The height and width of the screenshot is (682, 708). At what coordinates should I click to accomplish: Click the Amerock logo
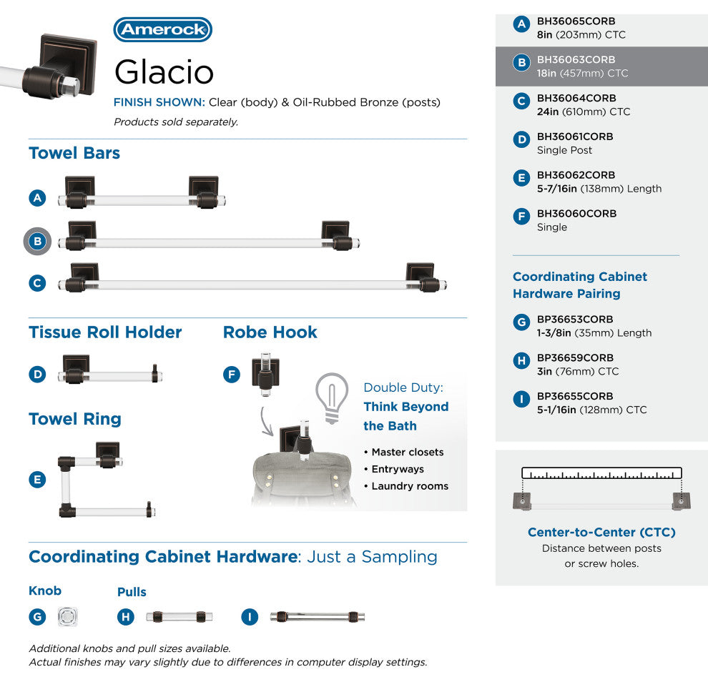click(x=162, y=29)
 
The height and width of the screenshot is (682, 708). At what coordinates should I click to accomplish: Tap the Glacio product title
click(x=164, y=71)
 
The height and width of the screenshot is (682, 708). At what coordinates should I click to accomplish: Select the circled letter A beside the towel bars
click(x=37, y=198)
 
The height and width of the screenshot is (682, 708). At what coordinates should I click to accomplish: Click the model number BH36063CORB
click(x=576, y=60)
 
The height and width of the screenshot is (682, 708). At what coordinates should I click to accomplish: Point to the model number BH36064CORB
click(x=576, y=99)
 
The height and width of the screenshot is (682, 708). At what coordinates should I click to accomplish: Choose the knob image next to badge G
click(x=67, y=616)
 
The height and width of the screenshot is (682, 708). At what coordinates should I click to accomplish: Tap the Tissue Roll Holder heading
click(x=105, y=332)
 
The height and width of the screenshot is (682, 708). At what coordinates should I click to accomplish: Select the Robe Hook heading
click(x=270, y=332)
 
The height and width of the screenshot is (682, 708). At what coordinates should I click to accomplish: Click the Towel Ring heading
click(x=75, y=419)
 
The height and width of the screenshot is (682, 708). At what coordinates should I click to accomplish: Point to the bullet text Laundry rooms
click(x=410, y=486)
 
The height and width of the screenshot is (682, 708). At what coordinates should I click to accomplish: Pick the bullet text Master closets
click(x=408, y=452)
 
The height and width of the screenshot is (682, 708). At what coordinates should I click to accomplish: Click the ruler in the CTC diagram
click(x=601, y=473)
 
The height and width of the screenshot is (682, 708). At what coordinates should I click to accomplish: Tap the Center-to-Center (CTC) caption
click(x=601, y=532)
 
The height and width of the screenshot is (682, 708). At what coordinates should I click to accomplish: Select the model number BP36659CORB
click(x=575, y=358)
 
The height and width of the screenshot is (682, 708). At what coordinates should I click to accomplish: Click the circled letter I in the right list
click(x=521, y=399)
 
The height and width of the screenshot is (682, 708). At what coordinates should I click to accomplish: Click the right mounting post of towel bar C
click(x=422, y=277)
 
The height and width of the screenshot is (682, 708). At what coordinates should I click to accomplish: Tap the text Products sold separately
click(x=176, y=122)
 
